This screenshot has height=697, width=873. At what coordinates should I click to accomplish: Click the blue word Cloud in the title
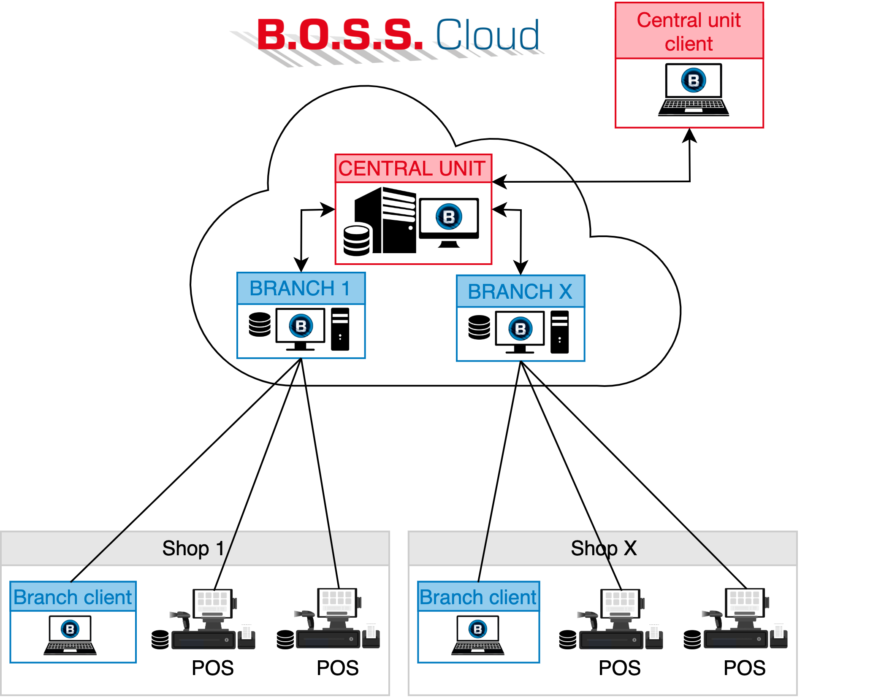tap(488, 35)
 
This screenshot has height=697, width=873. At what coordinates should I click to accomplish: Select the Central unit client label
tap(689, 32)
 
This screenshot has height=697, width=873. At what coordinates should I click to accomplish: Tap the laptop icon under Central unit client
tap(693, 89)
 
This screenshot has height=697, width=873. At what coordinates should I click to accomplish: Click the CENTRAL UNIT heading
tap(412, 168)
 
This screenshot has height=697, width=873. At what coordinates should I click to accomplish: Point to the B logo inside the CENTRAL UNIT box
tap(449, 216)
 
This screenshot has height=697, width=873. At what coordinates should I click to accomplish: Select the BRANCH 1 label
tap(300, 289)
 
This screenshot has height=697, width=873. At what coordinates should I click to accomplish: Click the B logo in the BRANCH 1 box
tap(301, 326)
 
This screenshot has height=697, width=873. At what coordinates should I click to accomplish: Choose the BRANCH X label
tap(520, 292)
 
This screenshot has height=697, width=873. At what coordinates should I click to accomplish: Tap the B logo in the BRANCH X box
tap(521, 329)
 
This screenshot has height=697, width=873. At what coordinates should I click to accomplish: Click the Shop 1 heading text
tap(193, 548)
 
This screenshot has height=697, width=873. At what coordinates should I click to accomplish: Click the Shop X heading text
tap(604, 548)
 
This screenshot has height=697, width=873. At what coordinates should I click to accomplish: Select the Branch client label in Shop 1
tap(73, 597)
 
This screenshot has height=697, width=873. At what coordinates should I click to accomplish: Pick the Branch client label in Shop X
tap(478, 597)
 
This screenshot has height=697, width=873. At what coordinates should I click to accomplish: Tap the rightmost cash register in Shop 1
tap(338, 619)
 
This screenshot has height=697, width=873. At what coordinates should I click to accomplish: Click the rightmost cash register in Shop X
tap(746, 619)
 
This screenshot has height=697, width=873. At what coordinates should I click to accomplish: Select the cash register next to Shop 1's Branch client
tap(213, 619)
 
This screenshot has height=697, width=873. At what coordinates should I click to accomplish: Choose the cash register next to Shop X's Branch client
tap(621, 619)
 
